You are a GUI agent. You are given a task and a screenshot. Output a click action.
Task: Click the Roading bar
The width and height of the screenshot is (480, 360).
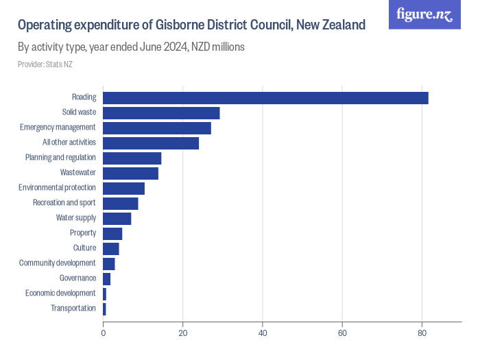pyautogui.click(x=265, y=98)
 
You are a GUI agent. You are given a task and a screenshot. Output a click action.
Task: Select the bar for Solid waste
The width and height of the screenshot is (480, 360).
pyautogui.click(x=161, y=113)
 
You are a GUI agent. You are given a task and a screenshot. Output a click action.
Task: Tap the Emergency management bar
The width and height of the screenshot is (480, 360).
pyautogui.click(x=157, y=128)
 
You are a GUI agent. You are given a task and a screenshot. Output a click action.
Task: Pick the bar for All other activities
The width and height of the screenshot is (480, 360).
pyautogui.click(x=151, y=143)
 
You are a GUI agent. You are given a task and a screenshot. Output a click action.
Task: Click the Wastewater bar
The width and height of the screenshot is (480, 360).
pyautogui.click(x=130, y=173)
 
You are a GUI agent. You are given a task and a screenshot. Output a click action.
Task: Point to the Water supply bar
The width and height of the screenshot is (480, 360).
pyautogui.click(x=117, y=219)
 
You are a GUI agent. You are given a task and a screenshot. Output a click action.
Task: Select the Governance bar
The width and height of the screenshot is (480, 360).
pyautogui.click(x=106, y=278)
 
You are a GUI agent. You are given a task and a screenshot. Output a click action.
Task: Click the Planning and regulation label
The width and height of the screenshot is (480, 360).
pyautogui.click(x=60, y=158)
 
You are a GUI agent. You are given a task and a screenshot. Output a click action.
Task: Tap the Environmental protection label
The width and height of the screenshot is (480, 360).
pyautogui.click(x=57, y=188)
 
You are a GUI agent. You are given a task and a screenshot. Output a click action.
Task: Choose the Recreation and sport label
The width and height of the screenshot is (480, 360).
pyautogui.click(x=64, y=203)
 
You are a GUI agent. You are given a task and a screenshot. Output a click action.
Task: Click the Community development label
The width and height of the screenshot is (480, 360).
pyautogui.click(x=57, y=263)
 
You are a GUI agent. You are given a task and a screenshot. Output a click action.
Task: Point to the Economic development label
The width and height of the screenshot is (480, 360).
pyautogui.click(x=60, y=293)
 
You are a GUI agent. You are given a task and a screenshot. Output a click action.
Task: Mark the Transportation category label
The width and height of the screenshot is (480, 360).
pyautogui.click(x=73, y=309)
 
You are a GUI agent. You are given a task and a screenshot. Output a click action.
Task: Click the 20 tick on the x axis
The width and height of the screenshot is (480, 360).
pyautogui.click(x=182, y=333)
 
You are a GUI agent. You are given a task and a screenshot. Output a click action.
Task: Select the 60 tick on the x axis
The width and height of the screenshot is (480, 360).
pyautogui.click(x=342, y=333)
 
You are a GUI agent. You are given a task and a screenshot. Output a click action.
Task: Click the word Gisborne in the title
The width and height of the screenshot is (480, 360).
pyautogui.click(x=174, y=25)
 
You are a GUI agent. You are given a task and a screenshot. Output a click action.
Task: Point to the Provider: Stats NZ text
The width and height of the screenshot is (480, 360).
pyautogui.click(x=45, y=64)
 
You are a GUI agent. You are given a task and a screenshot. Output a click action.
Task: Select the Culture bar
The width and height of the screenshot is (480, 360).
pyautogui.click(x=110, y=248)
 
